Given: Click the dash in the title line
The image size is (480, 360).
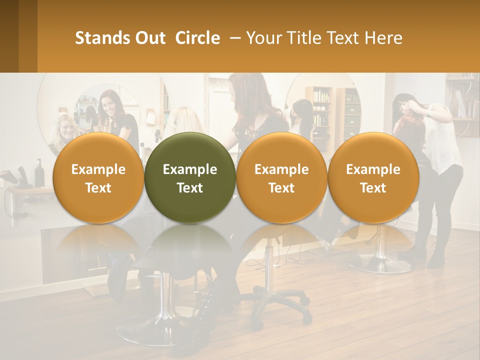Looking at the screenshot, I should pos(233,38).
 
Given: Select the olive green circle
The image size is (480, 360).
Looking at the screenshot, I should pos(190,177).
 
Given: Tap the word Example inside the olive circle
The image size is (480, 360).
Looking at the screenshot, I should pos(190,169).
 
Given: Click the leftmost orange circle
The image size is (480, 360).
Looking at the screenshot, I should pos(98,177).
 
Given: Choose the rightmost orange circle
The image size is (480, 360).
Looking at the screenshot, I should pos(373,177).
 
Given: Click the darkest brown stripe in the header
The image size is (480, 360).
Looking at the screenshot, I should pos(9,36).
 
